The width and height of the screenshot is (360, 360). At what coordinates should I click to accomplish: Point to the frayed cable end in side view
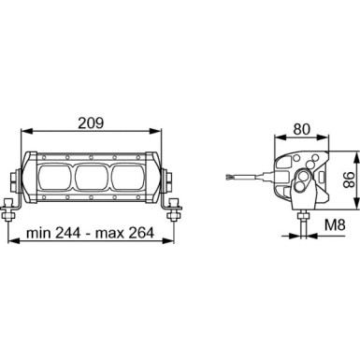click(x=230, y=175)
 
